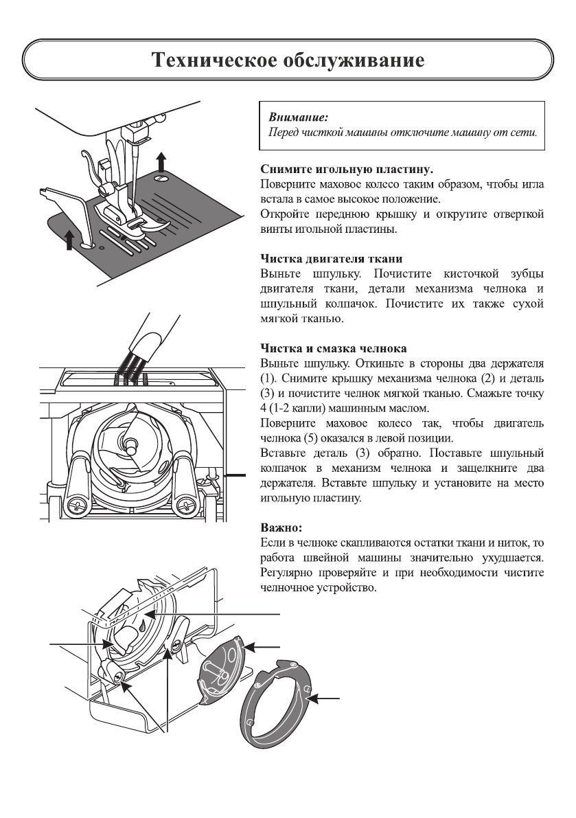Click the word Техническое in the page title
tap(212, 60)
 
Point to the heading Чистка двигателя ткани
tap(332, 259)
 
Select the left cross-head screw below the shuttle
tap(76, 508)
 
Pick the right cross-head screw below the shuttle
tap(183, 508)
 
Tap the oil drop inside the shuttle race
tap(140, 627)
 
